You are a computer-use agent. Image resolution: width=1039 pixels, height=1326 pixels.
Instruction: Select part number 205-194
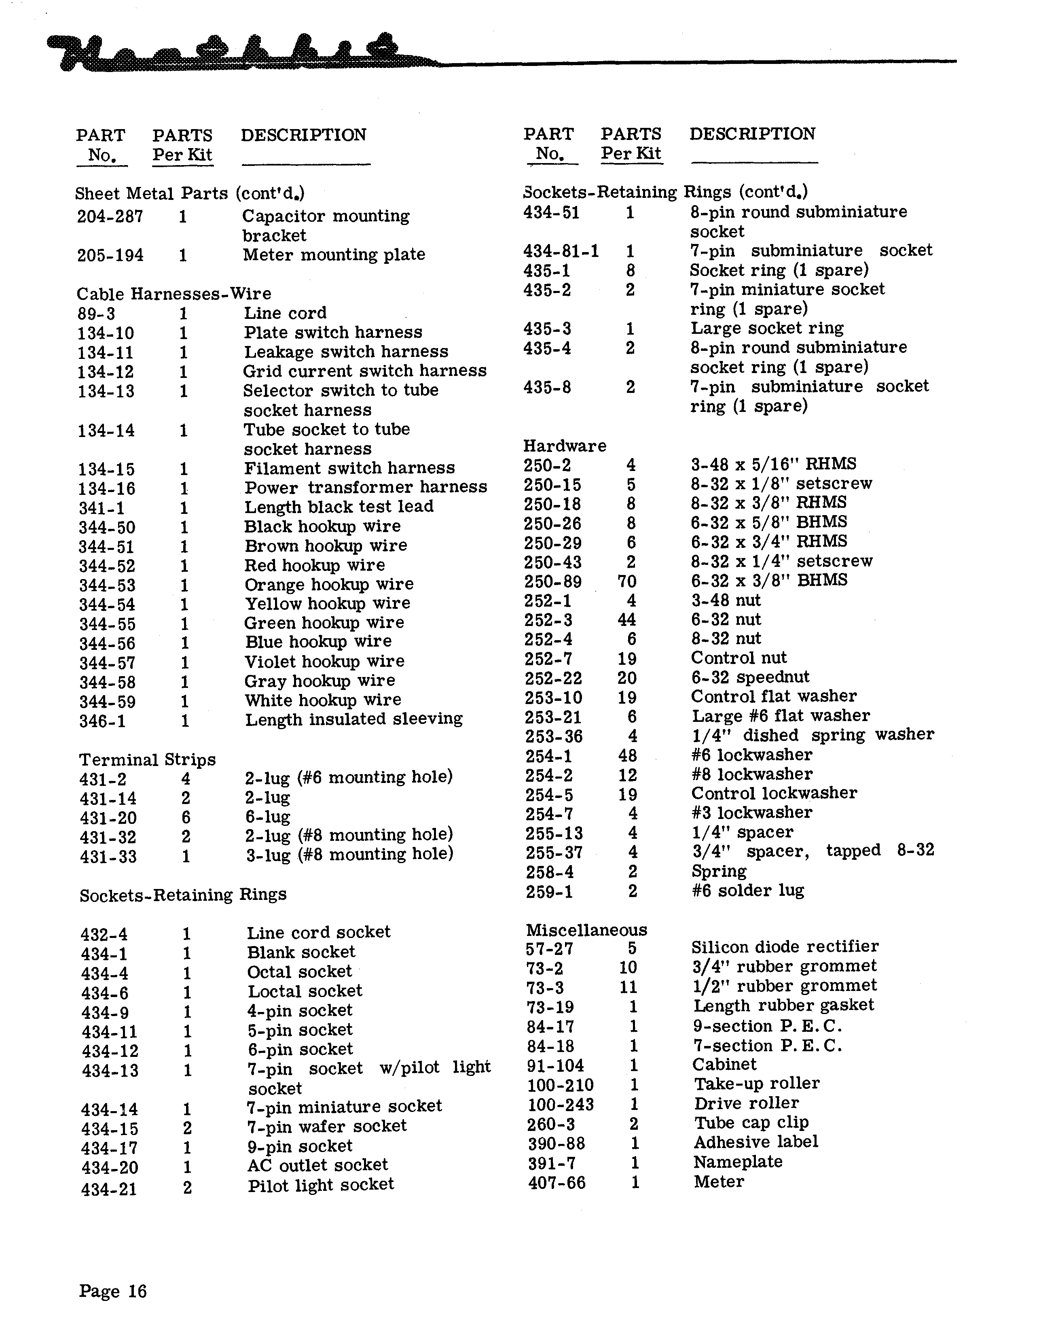[x=110, y=255]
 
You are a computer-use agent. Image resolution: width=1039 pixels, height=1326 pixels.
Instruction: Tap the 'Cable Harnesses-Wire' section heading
[x=174, y=294]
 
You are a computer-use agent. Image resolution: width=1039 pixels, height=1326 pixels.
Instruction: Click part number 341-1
[x=102, y=507]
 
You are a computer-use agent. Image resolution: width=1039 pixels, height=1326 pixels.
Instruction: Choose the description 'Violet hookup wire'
[x=324, y=662]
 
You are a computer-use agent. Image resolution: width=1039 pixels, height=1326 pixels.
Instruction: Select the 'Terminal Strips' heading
[x=147, y=760]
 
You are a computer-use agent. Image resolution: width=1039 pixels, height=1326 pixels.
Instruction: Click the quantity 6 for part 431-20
[x=186, y=817]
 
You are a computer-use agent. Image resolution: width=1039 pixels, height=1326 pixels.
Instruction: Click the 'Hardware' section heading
[x=565, y=446]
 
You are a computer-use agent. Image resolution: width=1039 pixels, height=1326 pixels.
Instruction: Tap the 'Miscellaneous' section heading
[x=586, y=930]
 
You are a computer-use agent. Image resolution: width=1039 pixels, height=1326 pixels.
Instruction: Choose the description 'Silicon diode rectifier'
[x=785, y=947]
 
